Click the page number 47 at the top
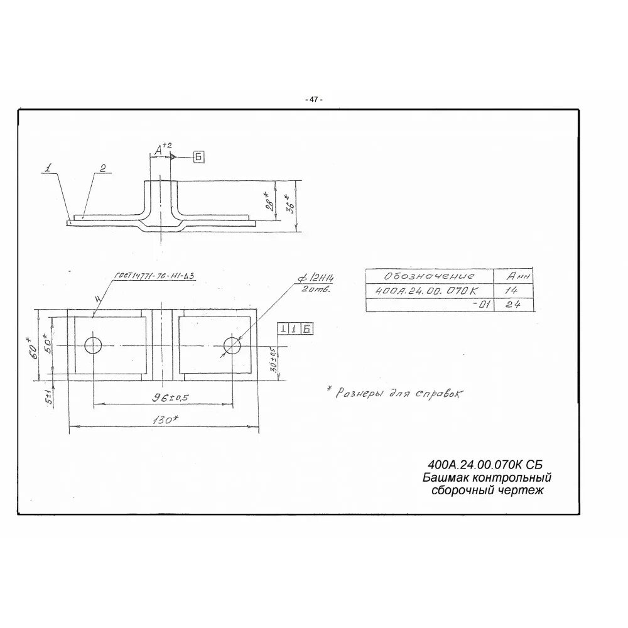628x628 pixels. pyautogui.click(x=313, y=100)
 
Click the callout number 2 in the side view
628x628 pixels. pyautogui.click(x=102, y=168)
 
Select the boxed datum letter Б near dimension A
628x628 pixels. pyautogui.click(x=198, y=157)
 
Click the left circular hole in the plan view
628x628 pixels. pyautogui.click(x=93, y=345)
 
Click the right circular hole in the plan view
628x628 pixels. pyautogui.click(x=232, y=345)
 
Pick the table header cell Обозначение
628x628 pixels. pyautogui.click(x=430, y=276)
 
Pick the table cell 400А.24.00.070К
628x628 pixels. pyautogui.click(x=426, y=291)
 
